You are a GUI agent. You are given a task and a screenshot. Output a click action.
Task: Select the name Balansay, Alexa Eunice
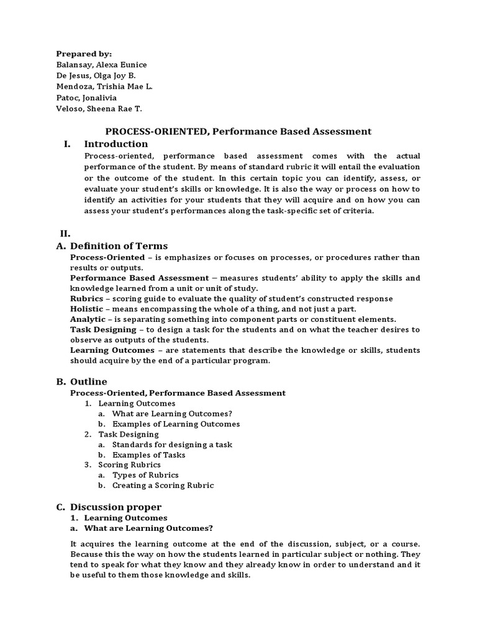(102, 65)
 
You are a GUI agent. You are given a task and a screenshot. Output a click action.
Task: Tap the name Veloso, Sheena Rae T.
(99, 109)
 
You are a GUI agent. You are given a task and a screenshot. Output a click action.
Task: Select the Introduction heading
(116, 144)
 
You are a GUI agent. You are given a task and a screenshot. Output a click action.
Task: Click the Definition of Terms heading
(119, 246)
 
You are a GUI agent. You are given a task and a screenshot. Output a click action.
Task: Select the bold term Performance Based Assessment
(139, 278)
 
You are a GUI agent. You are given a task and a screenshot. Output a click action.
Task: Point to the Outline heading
(88, 381)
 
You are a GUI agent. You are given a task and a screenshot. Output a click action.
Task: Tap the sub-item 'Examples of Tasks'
(148, 455)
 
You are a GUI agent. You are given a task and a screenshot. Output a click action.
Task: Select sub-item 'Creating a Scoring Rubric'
(163, 486)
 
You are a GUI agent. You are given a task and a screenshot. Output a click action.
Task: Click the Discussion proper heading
(116, 507)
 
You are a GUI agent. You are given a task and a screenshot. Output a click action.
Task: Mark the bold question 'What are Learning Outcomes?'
(148, 528)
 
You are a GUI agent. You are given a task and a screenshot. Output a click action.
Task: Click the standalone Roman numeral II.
(65, 234)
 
